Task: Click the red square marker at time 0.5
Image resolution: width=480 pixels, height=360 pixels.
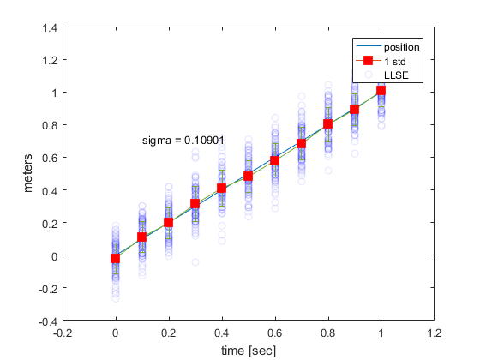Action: click(x=248, y=177)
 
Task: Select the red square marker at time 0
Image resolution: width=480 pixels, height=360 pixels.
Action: click(x=115, y=258)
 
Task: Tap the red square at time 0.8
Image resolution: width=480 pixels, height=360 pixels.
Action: click(x=327, y=123)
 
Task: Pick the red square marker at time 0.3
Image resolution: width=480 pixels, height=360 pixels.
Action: click(x=195, y=204)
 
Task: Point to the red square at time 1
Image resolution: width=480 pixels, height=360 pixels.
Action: click(x=381, y=90)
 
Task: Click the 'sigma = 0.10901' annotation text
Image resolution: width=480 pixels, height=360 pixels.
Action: click(x=183, y=139)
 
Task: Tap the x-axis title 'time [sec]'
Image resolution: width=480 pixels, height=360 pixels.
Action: click(x=248, y=350)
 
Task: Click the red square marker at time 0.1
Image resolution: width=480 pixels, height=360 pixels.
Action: click(x=141, y=237)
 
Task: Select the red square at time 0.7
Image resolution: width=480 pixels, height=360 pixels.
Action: click(x=301, y=144)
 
